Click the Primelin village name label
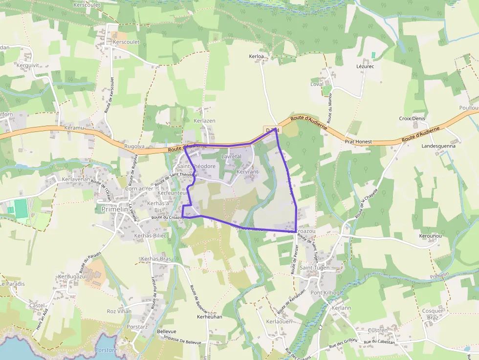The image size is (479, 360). coord(114,209)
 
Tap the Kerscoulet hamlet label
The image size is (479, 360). coord(126,42)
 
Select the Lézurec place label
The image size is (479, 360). coord(365,66)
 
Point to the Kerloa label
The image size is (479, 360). coord(256,57)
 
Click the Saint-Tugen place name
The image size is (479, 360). coord(315,268)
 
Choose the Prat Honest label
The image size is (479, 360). coord(358,142)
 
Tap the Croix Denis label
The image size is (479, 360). coord(412,119)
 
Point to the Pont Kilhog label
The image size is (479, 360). coord(325,293)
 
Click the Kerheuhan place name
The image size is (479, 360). coord(209,317)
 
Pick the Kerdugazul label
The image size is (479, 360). coord(72,276)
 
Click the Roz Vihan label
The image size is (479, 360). coord(119,311)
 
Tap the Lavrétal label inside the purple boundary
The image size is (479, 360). coord(231,156)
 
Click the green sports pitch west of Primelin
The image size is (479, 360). coord(21,208)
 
